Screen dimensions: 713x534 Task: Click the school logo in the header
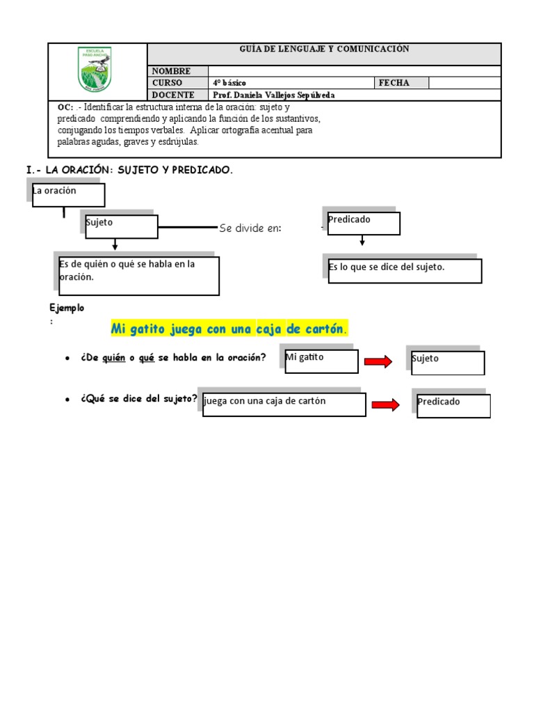point(97,72)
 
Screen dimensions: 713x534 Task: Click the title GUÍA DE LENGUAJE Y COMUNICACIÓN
point(324,49)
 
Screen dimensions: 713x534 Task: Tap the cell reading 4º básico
point(229,83)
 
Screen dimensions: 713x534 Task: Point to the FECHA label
point(394,83)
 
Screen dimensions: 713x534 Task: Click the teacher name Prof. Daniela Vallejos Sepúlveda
point(274,95)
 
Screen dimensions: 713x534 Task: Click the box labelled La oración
point(68,195)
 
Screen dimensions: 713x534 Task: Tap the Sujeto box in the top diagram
point(122,226)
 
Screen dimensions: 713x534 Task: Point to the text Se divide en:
point(250,228)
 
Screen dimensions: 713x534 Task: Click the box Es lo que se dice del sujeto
point(404,270)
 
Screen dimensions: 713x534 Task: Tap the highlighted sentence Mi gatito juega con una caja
point(229,329)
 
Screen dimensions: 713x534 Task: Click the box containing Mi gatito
point(321,361)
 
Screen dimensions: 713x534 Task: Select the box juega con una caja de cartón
point(284,405)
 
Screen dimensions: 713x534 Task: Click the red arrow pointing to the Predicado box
point(386,405)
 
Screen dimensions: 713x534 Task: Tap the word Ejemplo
point(67,308)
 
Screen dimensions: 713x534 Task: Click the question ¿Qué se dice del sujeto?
point(139,399)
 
